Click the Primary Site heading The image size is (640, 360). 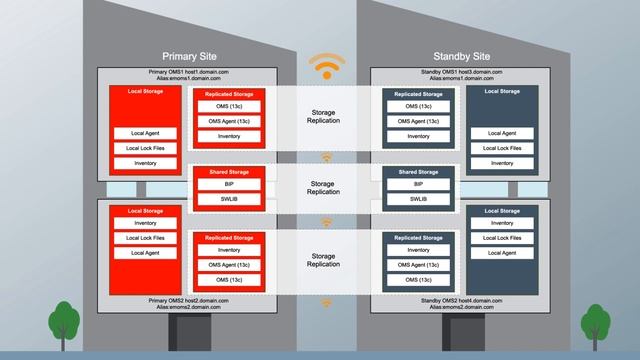189,56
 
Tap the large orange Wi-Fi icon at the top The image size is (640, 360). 325,65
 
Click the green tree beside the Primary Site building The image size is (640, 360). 63,322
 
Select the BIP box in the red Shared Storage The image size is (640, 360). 229,185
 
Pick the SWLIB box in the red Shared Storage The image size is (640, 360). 229,199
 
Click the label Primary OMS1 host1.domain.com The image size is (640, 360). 189,72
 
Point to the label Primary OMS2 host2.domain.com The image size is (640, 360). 189,300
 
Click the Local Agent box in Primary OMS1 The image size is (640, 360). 145,133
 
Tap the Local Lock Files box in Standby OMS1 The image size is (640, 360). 508,148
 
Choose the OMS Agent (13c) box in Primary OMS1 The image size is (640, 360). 229,121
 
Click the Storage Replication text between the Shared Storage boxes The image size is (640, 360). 323,187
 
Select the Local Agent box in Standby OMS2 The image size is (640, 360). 508,253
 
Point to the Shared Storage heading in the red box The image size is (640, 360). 229,172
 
